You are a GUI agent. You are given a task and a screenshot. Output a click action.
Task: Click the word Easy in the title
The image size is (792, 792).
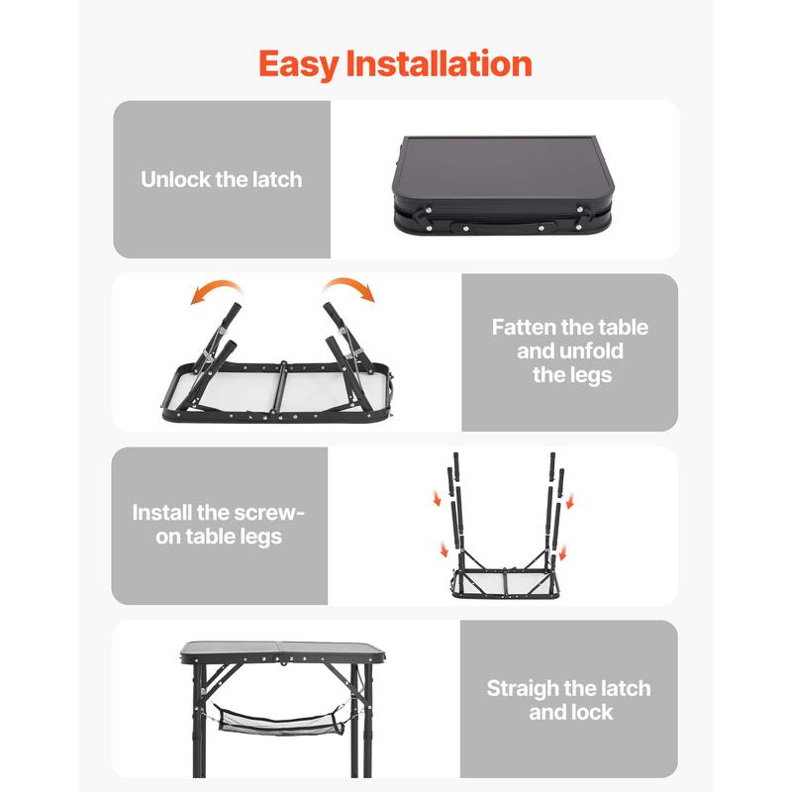(299, 64)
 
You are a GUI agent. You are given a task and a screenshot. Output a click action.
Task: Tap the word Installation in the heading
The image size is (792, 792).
(439, 63)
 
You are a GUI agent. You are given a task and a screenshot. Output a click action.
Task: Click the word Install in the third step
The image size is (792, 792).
(161, 513)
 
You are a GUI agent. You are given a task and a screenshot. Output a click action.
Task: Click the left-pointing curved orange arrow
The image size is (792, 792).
(216, 292)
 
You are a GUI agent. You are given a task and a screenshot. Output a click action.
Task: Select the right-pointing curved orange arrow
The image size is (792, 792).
(349, 289)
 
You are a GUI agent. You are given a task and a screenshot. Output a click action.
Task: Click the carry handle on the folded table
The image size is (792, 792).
(503, 227)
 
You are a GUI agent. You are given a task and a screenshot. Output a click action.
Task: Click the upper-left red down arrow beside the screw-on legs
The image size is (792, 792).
(437, 499)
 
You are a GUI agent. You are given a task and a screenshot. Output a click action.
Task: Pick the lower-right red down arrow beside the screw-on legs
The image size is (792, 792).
(562, 552)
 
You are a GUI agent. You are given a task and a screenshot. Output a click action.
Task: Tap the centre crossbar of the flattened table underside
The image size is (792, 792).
(282, 390)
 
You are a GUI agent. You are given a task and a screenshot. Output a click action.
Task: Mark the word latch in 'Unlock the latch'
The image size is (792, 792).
(277, 179)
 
